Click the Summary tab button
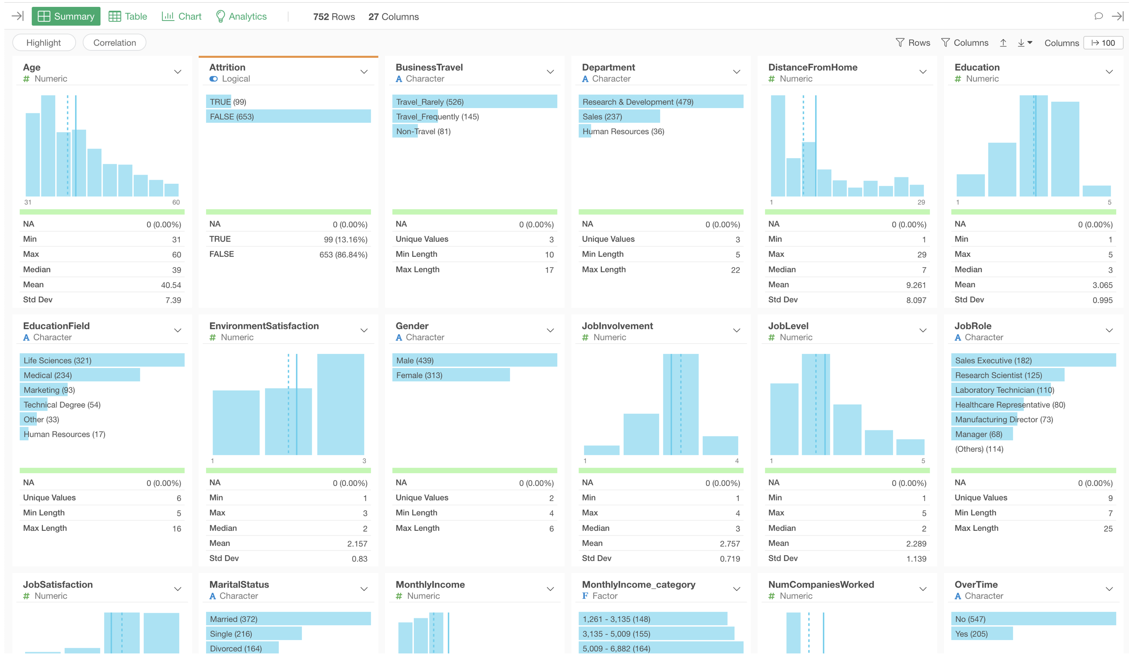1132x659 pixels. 66,16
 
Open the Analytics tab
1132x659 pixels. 241,16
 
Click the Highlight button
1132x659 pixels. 44,43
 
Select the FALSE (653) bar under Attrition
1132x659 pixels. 288,116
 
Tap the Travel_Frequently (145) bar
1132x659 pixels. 436,116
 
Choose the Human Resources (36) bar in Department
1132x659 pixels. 622,131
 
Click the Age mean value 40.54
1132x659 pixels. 171,285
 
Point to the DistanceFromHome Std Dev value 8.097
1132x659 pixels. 916,300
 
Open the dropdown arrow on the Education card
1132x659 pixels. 1108,72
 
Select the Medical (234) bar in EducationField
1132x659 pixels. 80,375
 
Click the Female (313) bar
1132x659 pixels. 450,375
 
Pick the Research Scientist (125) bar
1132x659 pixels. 1007,375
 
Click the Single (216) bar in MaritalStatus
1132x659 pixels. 254,634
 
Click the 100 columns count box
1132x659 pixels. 1103,43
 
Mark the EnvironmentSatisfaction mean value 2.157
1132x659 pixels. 357,544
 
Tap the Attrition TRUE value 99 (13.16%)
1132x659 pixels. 345,239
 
